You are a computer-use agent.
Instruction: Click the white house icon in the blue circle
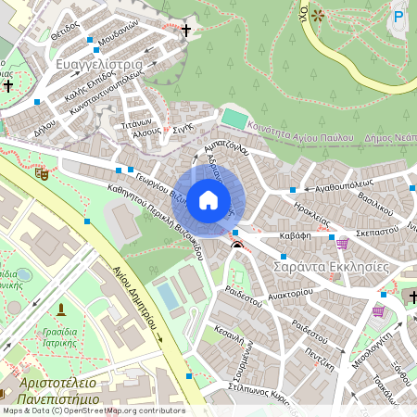(208, 199)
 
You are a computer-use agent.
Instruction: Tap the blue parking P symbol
(399, 16)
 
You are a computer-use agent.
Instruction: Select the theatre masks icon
(41, 172)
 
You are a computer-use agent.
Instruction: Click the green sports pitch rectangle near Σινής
(235, 120)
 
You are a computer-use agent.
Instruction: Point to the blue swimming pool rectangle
(170, 297)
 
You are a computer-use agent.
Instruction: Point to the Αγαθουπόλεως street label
(344, 185)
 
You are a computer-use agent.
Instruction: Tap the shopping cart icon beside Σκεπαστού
(342, 243)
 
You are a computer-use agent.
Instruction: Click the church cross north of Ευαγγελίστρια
(185, 31)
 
